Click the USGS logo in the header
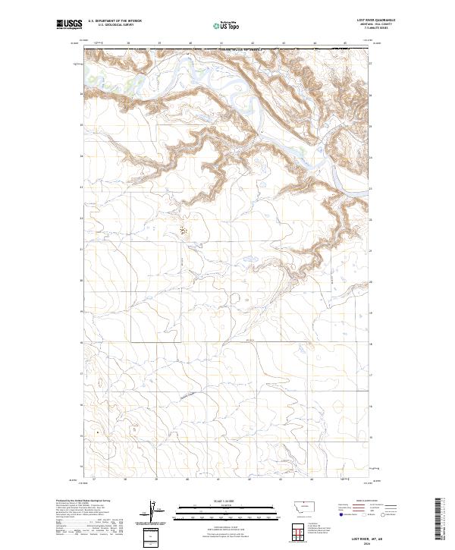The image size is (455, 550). pyautogui.click(x=68, y=24)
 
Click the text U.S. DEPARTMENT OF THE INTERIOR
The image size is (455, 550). pyautogui.click(x=115, y=20)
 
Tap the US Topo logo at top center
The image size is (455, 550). pyautogui.click(x=227, y=24)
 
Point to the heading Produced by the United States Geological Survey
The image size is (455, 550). pyautogui.click(x=80, y=501)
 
